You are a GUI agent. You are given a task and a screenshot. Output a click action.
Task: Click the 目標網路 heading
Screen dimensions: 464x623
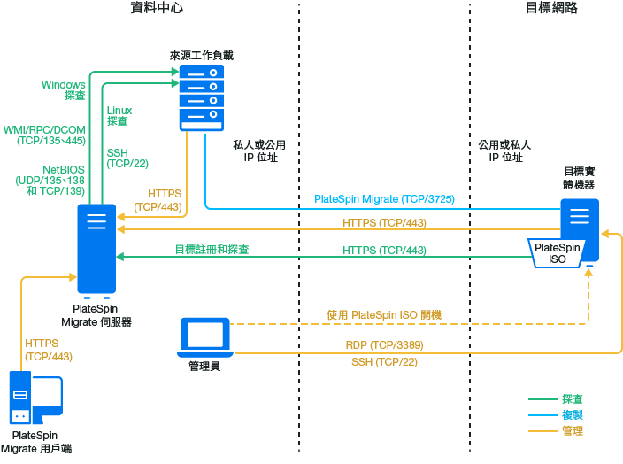point(550,8)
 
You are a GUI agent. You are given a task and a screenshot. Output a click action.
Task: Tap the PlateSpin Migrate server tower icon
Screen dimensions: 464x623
point(96,249)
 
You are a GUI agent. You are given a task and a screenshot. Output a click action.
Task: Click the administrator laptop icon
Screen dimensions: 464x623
point(205,336)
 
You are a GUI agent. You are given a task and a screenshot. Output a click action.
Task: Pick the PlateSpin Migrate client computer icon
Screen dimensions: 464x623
point(35,398)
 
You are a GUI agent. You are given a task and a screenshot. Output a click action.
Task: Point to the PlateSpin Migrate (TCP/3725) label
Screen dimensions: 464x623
point(384,199)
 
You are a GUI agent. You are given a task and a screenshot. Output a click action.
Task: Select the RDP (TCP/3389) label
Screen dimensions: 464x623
point(384,345)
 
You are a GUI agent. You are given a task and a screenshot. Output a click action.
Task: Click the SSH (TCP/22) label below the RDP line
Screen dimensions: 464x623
point(384,361)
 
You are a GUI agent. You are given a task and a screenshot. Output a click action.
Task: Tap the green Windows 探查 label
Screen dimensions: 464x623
point(64,89)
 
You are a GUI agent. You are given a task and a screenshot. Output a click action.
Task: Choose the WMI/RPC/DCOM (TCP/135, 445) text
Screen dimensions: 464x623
point(44,135)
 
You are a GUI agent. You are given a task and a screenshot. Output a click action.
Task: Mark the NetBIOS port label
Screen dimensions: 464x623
point(51,180)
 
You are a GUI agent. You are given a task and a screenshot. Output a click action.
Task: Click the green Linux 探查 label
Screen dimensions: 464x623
point(119,115)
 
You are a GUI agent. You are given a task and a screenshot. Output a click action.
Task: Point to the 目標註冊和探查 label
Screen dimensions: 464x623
point(212,250)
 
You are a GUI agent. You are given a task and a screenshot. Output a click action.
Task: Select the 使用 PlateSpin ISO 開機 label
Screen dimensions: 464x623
point(384,314)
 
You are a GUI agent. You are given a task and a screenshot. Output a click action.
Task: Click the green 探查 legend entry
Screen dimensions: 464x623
point(572,399)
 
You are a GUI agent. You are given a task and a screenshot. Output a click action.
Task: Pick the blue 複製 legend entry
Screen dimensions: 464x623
point(572,414)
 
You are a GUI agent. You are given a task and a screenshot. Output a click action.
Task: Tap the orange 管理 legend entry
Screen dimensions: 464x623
point(572,430)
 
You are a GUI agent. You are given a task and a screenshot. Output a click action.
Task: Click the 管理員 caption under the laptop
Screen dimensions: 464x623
point(204,365)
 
